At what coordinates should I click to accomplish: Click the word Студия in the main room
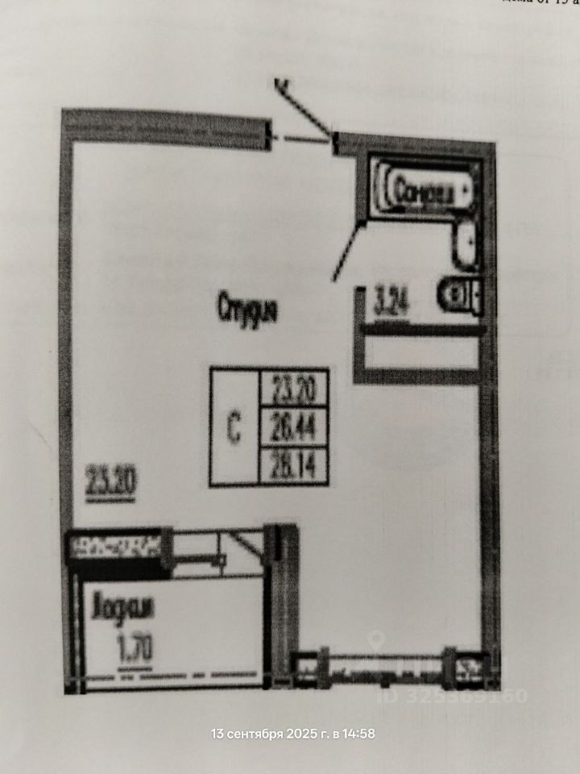(x=247, y=309)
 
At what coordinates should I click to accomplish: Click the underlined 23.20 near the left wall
(x=110, y=481)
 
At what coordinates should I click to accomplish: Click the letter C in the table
(x=234, y=430)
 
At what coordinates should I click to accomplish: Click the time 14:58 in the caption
(x=358, y=734)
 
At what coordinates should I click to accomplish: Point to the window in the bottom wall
(x=387, y=666)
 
